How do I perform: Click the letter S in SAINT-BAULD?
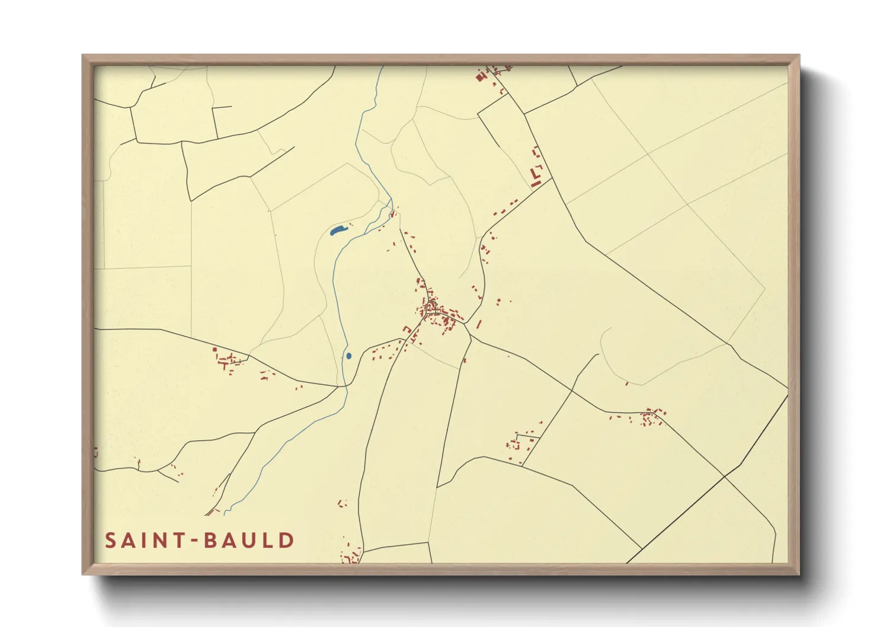(x=110, y=540)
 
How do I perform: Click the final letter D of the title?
(x=287, y=540)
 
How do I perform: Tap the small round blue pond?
(x=348, y=356)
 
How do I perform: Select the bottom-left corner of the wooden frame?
(x=84, y=573)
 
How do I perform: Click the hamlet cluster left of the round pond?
(x=228, y=360)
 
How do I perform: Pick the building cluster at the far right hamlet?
(x=652, y=416)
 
